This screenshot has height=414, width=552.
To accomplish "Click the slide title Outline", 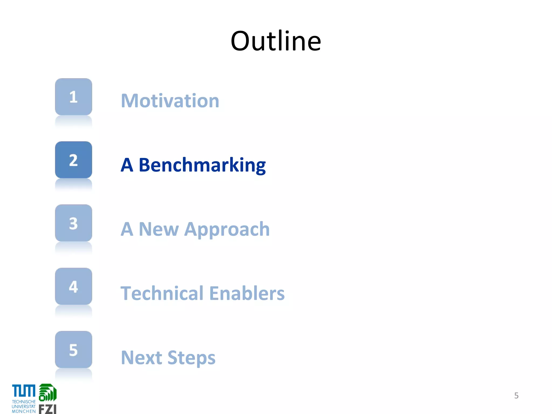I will coord(276,41).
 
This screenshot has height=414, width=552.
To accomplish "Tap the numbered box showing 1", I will coord(74,97).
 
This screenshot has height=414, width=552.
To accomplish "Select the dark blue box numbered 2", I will coord(74,160).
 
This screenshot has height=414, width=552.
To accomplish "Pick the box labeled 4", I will coord(74,286).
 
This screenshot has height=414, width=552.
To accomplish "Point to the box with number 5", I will coord(74,350).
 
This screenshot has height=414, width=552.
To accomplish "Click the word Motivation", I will coord(170,101).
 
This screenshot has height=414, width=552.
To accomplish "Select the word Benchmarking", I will coord(202,165).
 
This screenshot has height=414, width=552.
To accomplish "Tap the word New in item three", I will coord(158,229).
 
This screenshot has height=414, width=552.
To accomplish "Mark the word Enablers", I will coord(247,293).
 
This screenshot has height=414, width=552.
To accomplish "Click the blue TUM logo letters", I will coord(24,391).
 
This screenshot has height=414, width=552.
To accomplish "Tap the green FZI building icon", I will coord(48,392).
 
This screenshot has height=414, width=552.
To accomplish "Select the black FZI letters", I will coord(47,409).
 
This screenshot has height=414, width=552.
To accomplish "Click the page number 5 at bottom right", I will coord(516,395).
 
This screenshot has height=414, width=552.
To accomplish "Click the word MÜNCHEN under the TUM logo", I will coord(24,411).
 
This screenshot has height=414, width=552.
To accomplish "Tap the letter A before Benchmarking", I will coord(127,165).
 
